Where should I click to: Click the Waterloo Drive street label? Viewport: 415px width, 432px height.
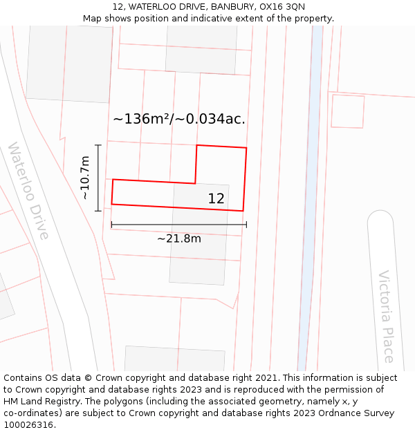(x=28, y=191)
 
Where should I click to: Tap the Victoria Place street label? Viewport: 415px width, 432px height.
(x=386, y=316)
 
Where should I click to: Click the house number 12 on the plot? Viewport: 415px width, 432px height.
(x=216, y=198)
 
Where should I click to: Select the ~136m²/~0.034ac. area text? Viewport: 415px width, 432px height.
(x=178, y=119)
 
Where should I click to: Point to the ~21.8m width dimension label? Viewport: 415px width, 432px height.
(x=178, y=238)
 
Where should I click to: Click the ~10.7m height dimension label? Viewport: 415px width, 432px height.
(x=85, y=178)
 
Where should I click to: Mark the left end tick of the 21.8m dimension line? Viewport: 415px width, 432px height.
(x=111, y=224)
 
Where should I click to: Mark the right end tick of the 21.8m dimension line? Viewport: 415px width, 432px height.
(x=246, y=224)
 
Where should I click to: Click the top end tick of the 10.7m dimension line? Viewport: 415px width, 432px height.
(x=98, y=145)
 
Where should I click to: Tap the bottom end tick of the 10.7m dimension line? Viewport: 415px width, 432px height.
(x=98, y=210)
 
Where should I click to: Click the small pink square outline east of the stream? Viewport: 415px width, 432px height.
(x=347, y=111)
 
